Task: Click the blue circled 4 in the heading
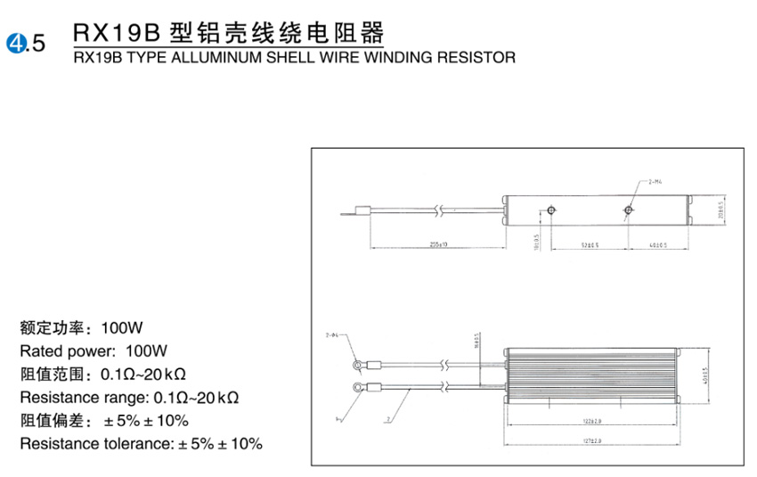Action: (x=15, y=41)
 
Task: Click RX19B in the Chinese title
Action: (x=116, y=34)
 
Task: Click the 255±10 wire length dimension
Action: (x=436, y=243)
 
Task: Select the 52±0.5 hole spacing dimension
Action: (x=590, y=243)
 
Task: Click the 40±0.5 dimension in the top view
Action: (x=659, y=243)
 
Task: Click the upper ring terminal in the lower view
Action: (x=357, y=364)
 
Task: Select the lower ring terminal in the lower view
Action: (x=357, y=386)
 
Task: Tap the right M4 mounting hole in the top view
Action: (x=629, y=210)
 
